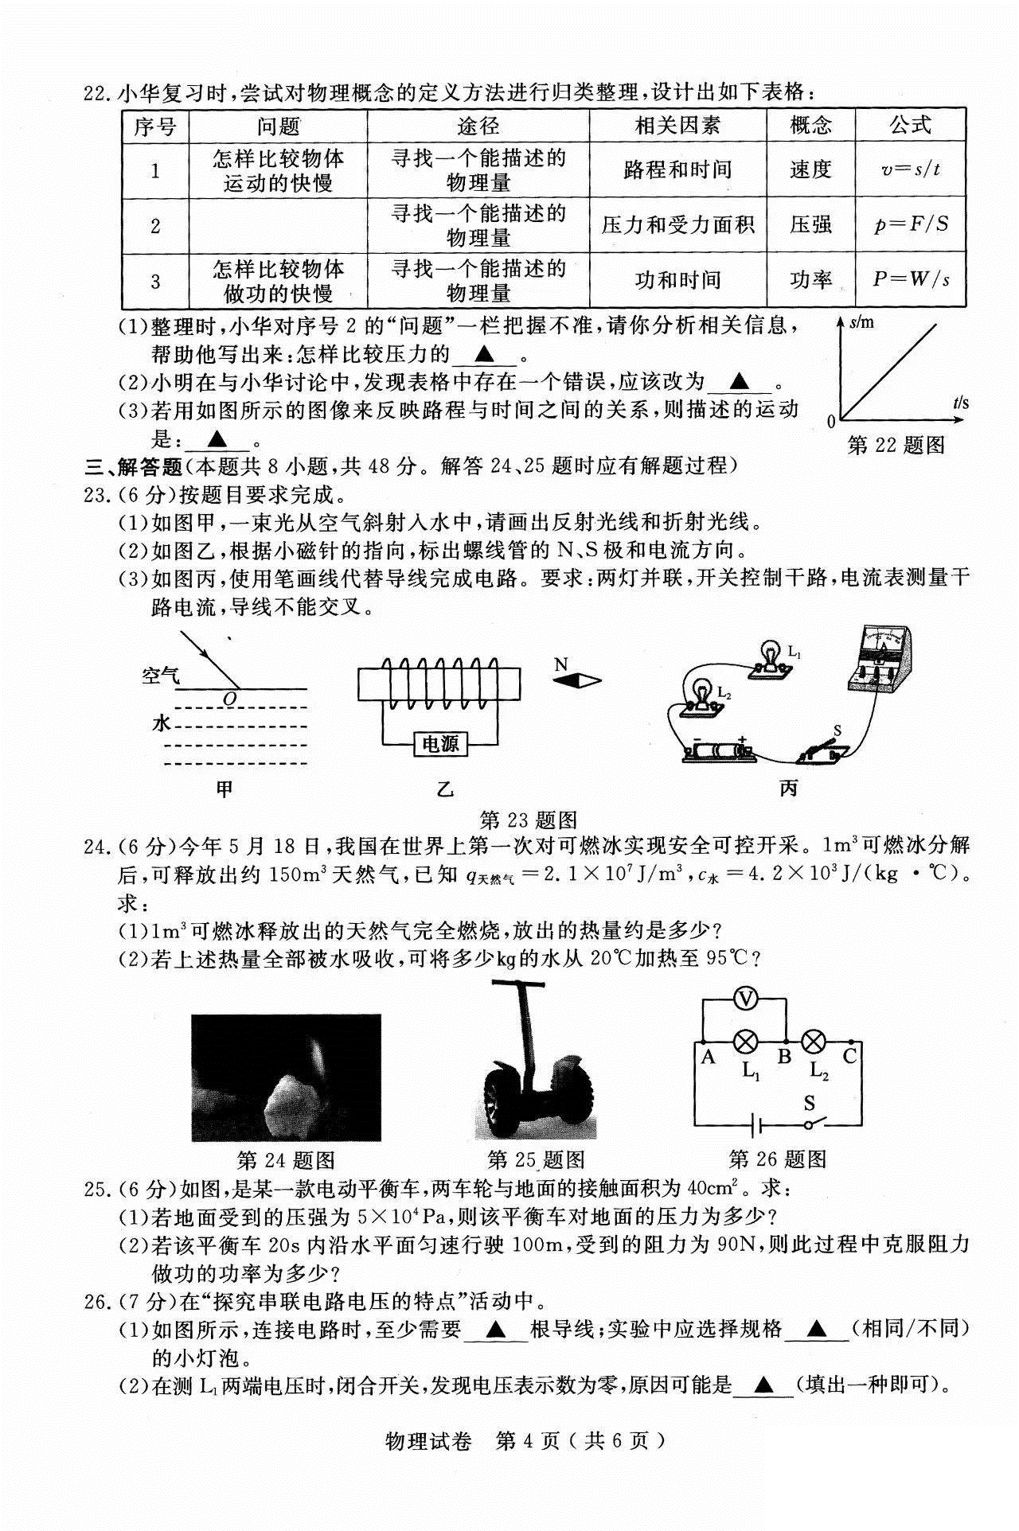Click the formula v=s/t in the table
[x=911, y=170]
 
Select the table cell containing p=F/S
[x=911, y=225]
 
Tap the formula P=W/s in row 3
[x=911, y=280]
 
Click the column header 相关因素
[x=677, y=126]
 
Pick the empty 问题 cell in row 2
[x=277, y=226]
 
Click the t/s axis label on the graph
[x=961, y=403]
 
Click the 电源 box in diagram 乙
[x=440, y=744]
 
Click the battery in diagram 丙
[x=718, y=750]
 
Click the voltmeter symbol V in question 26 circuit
[x=744, y=1001]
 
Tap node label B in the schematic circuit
[x=783, y=1058]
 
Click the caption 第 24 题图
[x=286, y=1160]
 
